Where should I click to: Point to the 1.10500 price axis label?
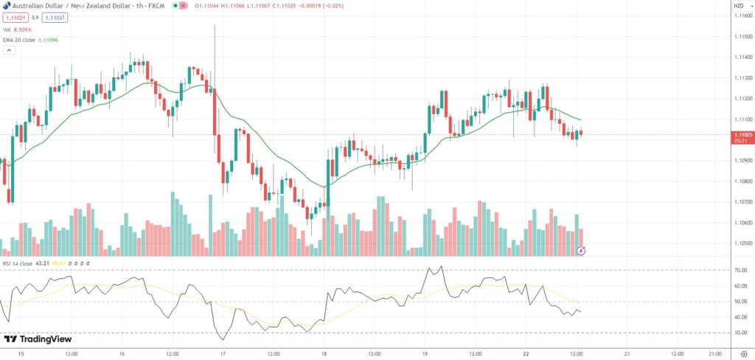742,243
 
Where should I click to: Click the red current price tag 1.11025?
742,134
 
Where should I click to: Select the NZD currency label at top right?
738,6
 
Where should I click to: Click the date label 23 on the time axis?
626,353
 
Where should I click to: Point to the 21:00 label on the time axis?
714,353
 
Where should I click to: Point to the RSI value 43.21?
41,263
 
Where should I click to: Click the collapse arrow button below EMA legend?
10,51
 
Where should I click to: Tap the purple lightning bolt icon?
581,251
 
